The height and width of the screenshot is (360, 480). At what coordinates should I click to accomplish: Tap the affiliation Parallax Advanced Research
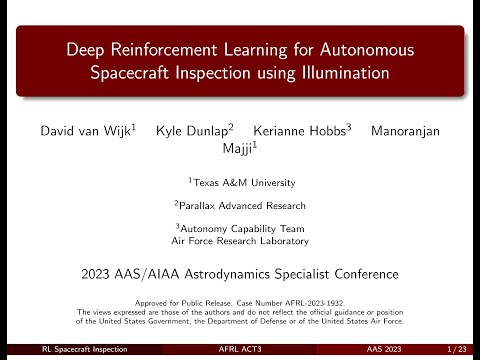tap(241, 204)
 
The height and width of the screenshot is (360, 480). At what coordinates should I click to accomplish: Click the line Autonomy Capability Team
tap(241, 228)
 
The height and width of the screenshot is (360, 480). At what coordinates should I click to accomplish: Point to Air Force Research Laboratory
tap(241, 241)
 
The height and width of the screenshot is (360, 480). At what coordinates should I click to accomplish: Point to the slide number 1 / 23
tap(458, 349)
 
